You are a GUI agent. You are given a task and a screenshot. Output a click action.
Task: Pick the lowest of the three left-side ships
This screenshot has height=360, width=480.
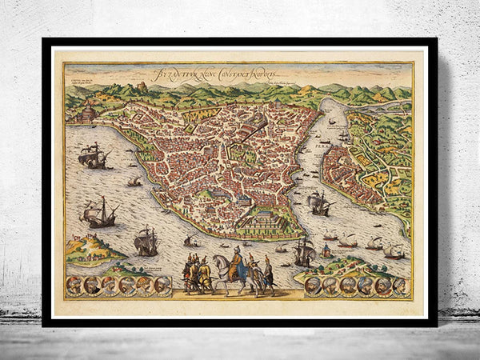click(x=146, y=241)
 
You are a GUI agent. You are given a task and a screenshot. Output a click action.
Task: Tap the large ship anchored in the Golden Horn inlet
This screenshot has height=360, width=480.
click(x=319, y=203)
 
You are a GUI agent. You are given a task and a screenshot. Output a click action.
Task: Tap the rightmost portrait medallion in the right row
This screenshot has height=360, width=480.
click(x=400, y=286)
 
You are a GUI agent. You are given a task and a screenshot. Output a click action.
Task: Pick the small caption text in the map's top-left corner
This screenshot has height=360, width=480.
click(x=86, y=82)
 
